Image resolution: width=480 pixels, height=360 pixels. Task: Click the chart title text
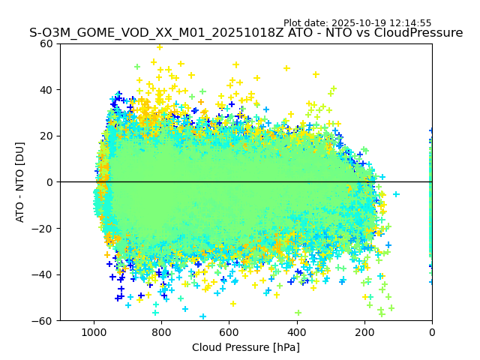click(x=246, y=33)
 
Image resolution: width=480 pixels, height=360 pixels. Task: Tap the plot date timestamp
click(x=357, y=23)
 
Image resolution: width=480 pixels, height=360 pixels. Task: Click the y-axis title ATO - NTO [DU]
click(x=20, y=182)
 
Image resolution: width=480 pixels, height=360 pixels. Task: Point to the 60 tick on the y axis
click(x=46, y=43)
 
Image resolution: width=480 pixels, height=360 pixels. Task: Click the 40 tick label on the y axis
click(x=46, y=90)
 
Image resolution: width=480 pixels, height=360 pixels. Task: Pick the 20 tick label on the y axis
click(x=46, y=136)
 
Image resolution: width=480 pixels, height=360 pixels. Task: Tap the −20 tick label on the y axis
click(x=43, y=228)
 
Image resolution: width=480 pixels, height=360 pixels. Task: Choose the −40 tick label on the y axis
click(x=43, y=274)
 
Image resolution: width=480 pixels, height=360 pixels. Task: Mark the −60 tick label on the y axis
click(x=43, y=321)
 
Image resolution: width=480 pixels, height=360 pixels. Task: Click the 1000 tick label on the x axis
click(x=94, y=331)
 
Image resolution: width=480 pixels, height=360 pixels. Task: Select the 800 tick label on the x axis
click(x=161, y=331)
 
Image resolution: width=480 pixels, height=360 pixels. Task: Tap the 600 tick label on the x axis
click(x=229, y=331)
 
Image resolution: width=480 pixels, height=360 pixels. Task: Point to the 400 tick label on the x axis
click(x=297, y=331)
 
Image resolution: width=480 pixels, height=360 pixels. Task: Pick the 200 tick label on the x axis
click(x=364, y=331)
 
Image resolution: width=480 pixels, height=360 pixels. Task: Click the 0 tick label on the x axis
click(x=432, y=331)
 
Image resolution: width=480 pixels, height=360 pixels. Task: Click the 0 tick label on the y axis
click(x=49, y=182)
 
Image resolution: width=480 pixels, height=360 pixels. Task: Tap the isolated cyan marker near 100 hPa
click(x=396, y=194)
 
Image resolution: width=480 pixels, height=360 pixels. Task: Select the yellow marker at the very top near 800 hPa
click(x=159, y=46)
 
